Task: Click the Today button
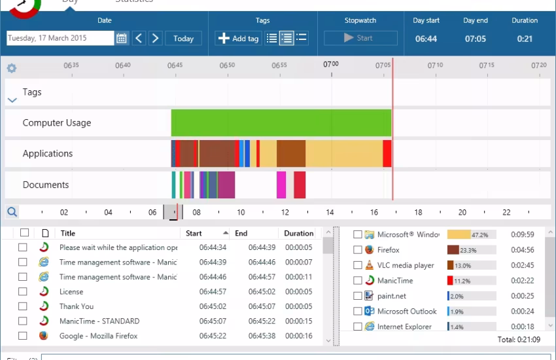pos(183,39)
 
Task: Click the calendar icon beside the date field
pos(122,39)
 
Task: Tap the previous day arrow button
pos(139,39)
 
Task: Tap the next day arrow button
pos(155,39)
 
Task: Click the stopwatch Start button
pos(360,39)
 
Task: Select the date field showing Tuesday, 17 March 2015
pos(60,39)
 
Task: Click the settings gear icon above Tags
pos(12,68)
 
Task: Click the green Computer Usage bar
pos(281,123)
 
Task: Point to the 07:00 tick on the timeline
pos(331,65)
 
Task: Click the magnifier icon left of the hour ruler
pos(12,212)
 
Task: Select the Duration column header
pos(298,233)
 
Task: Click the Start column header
pos(194,233)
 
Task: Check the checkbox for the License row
pos(23,292)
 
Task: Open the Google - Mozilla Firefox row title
pos(98,336)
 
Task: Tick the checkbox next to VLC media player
pos(358,265)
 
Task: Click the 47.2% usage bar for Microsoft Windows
pos(471,234)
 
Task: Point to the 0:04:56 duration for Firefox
pos(523,250)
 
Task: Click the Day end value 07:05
pos(475,39)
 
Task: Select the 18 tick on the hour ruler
pos(418,213)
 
